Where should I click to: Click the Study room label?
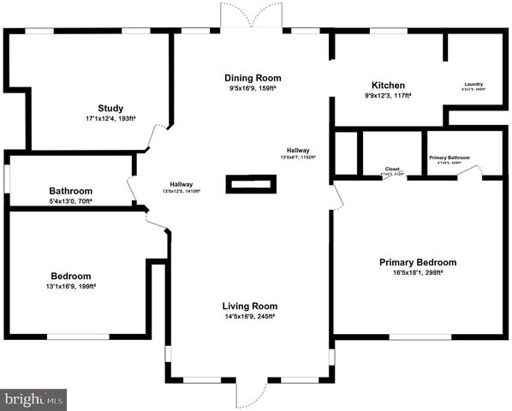click(x=110, y=109)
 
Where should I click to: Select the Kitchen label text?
click(x=388, y=86)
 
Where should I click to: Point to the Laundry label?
click(x=473, y=84)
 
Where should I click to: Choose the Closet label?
click(x=392, y=169)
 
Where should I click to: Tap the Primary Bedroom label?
click(x=418, y=262)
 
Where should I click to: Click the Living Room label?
click(x=250, y=306)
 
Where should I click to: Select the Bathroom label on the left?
click(x=70, y=191)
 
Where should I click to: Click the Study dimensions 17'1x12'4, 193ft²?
click(x=110, y=119)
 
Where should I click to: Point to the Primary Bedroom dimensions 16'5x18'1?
click(x=418, y=272)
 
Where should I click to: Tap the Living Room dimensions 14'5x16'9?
click(x=250, y=316)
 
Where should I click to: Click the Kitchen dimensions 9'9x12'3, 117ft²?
click(x=388, y=96)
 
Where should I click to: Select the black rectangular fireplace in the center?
click(x=251, y=184)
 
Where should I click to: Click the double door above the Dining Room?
click(x=251, y=15)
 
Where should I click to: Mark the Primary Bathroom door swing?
click(x=467, y=172)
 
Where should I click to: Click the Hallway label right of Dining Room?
click(x=298, y=151)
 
